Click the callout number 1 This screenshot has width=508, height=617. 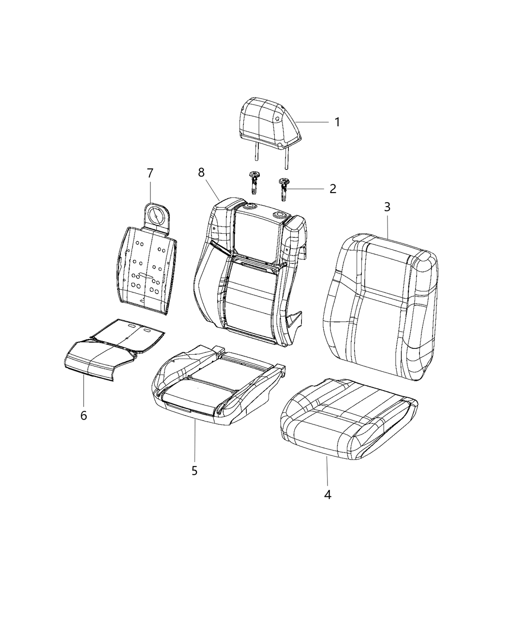pyautogui.click(x=337, y=122)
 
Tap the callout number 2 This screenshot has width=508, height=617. pyautogui.click(x=333, y=188)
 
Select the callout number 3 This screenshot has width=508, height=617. pyautogui.click(x=387, y=207)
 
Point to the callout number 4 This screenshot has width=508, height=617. pyautogui.click(x=328, y=495)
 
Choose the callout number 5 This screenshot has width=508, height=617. pyautogui.click(x=194, y=470)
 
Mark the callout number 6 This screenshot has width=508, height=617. pyautogui.click(x=84, y=415)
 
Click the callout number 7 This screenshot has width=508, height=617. pyautogui.click(x=150, y=173)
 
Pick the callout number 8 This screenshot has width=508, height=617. pyautogui.click(x=201, y=173)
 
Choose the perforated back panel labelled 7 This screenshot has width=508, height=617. pyautogui.click(x=145, y=271)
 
